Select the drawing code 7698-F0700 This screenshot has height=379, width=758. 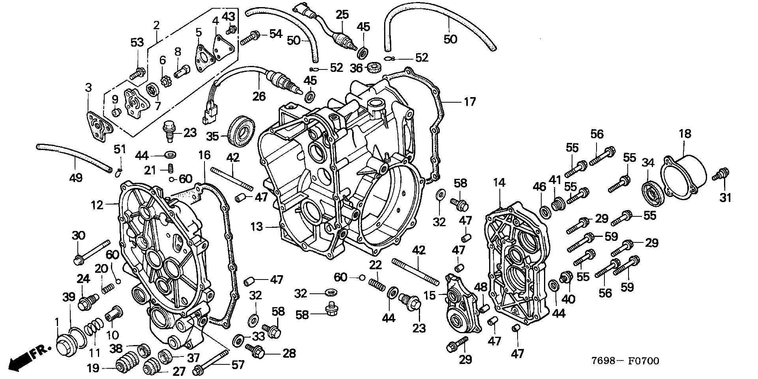[x=625, y=361]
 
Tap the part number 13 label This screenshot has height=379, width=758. [x=256, y=227]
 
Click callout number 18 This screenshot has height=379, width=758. [x=685, y=134]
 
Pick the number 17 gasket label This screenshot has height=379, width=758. [x=469, y=102]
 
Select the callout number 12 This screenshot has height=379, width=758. [x=97, y=205]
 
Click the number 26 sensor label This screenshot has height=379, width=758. [x=259, y=96]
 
